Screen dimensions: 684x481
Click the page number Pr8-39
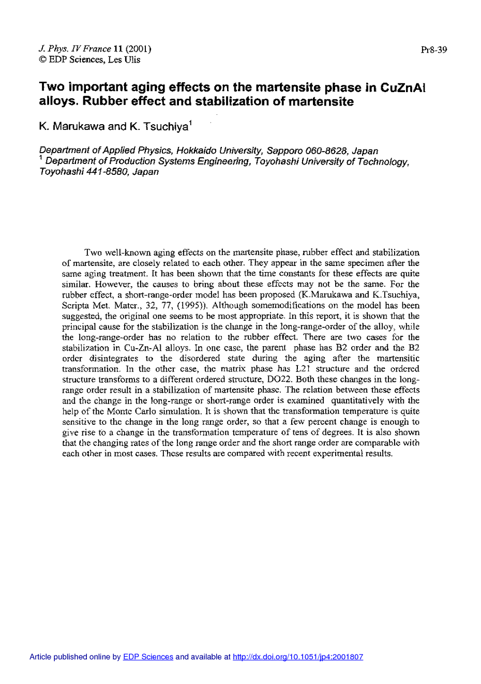[x=433, y=50]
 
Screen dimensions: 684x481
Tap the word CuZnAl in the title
[x=403, y=87]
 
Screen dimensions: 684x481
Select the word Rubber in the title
[x=102, y=101]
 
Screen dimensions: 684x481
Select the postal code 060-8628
[x=326, y=151]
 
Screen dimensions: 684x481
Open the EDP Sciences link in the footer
[x=148, y=657]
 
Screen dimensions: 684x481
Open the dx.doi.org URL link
[x=298, y=657]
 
